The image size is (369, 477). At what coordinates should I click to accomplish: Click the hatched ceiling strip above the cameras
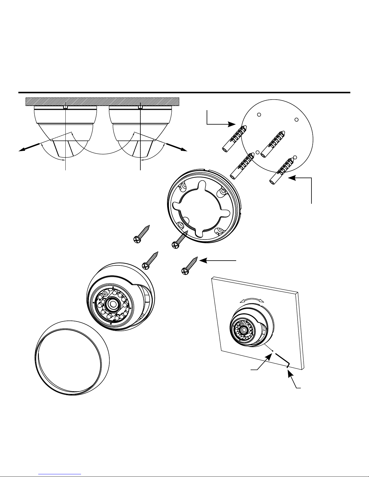click(x=102, y=101)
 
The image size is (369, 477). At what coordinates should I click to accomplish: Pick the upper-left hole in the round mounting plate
click(x=258, y=115)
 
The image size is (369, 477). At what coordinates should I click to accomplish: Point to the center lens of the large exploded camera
click(x=114, y=304)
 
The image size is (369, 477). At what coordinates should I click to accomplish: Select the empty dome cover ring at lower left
click(x=71, y=358)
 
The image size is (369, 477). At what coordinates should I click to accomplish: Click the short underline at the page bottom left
click(x=60, y=474)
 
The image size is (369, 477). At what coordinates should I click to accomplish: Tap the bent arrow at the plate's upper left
click(x=220, y=120)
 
